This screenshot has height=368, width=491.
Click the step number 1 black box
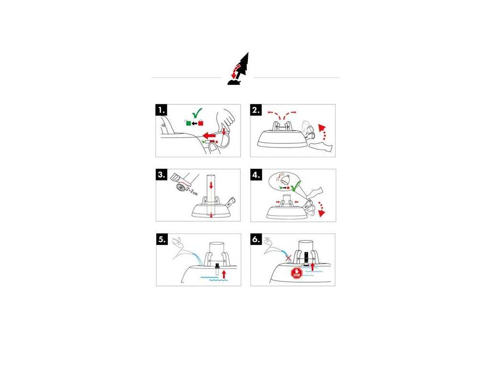pyautogui.click(x=162, y=111)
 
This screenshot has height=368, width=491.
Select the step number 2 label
pyautogui.click(x=257, y=111)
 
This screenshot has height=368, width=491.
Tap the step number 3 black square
pyautogui.click(x=162, y=175)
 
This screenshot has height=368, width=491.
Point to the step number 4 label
pyautogui.click(x=257, y=175)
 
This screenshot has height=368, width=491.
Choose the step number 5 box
pyautogui.click(x=162, y=240)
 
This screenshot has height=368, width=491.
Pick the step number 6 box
pyautogui.click(x=257, y=240)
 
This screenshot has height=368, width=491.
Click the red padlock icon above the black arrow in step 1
pyautogui.click(x=201, y=122)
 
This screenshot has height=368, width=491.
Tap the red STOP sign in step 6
pyautogui.click(x=296, y=273)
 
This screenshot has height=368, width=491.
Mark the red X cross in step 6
pyautogui.click(x=288, y=258)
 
